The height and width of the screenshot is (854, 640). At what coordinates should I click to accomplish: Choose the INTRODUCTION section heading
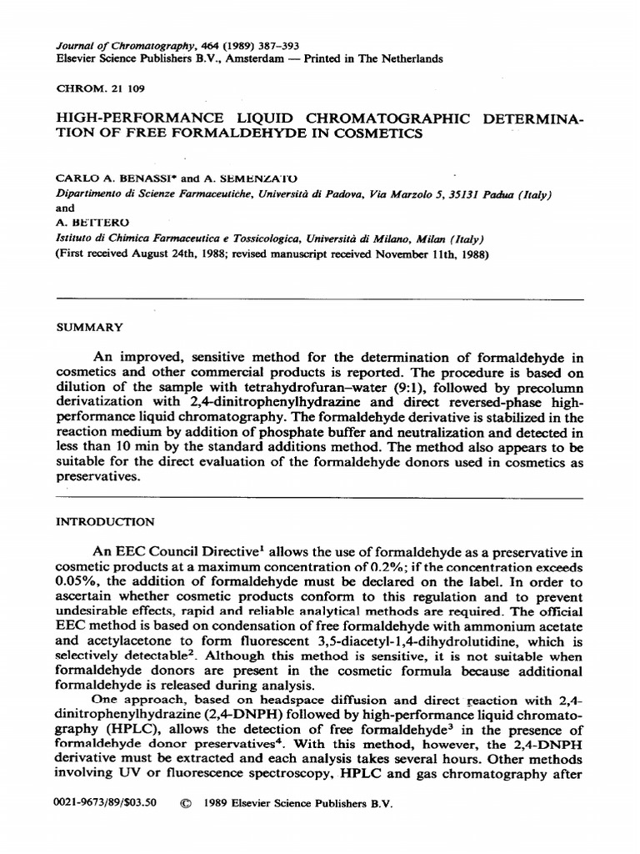tap(104, 522)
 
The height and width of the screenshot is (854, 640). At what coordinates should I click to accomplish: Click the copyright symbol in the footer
tap(186, 805)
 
